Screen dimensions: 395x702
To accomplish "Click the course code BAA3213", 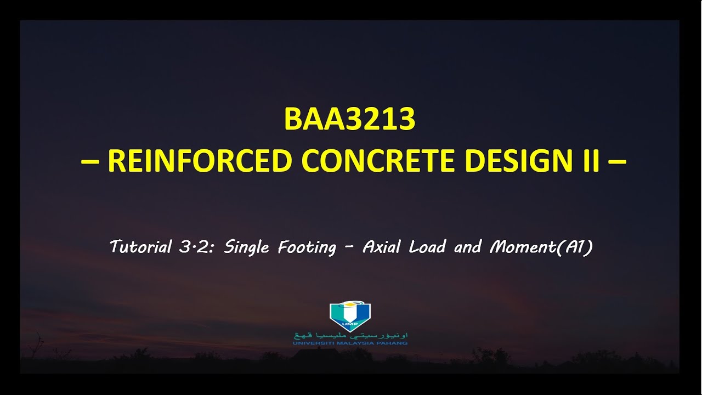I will pos(350,120).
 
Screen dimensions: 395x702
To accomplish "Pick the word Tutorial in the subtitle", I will pos(141,247).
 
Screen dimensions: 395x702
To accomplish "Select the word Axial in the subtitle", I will pos(383,247).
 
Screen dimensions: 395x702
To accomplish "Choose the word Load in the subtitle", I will pos(428,247).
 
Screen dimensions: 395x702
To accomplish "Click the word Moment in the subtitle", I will pos(521,247).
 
